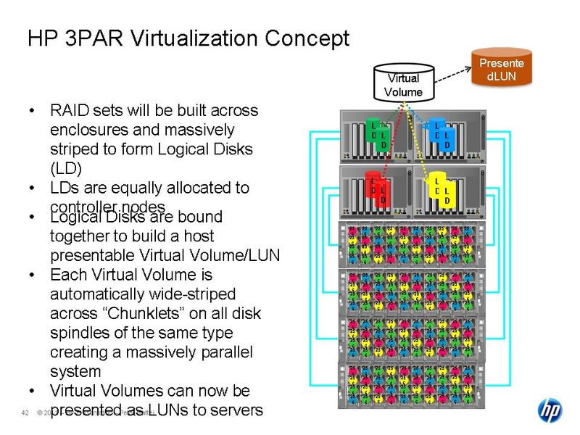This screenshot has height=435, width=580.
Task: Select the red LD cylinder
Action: pyautogui.click(x=378, y=190)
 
